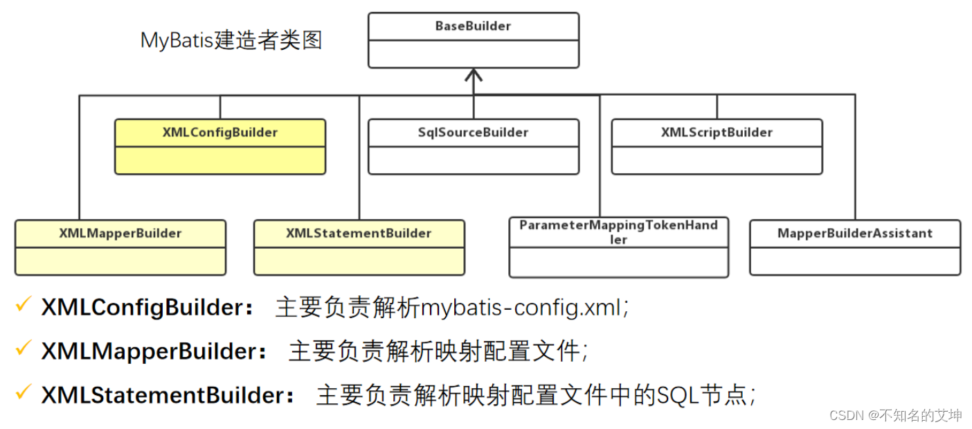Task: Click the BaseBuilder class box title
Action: [x=473, y=26]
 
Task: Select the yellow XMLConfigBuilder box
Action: [x=220, y=146]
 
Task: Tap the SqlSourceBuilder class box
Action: [x=473, y=146]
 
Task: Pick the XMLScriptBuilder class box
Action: [x=717, y=146]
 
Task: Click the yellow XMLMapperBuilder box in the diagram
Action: [x=120, y=247]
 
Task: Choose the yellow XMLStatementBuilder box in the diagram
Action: [x=359, y=247]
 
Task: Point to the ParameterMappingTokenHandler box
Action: [x=618, y=247]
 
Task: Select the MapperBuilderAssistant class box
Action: [x=855, y=247]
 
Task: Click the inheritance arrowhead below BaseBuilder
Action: [x=473, y=75]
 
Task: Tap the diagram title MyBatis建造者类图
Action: [x=231, y=40]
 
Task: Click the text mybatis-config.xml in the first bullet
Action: [x=521, y=308]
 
